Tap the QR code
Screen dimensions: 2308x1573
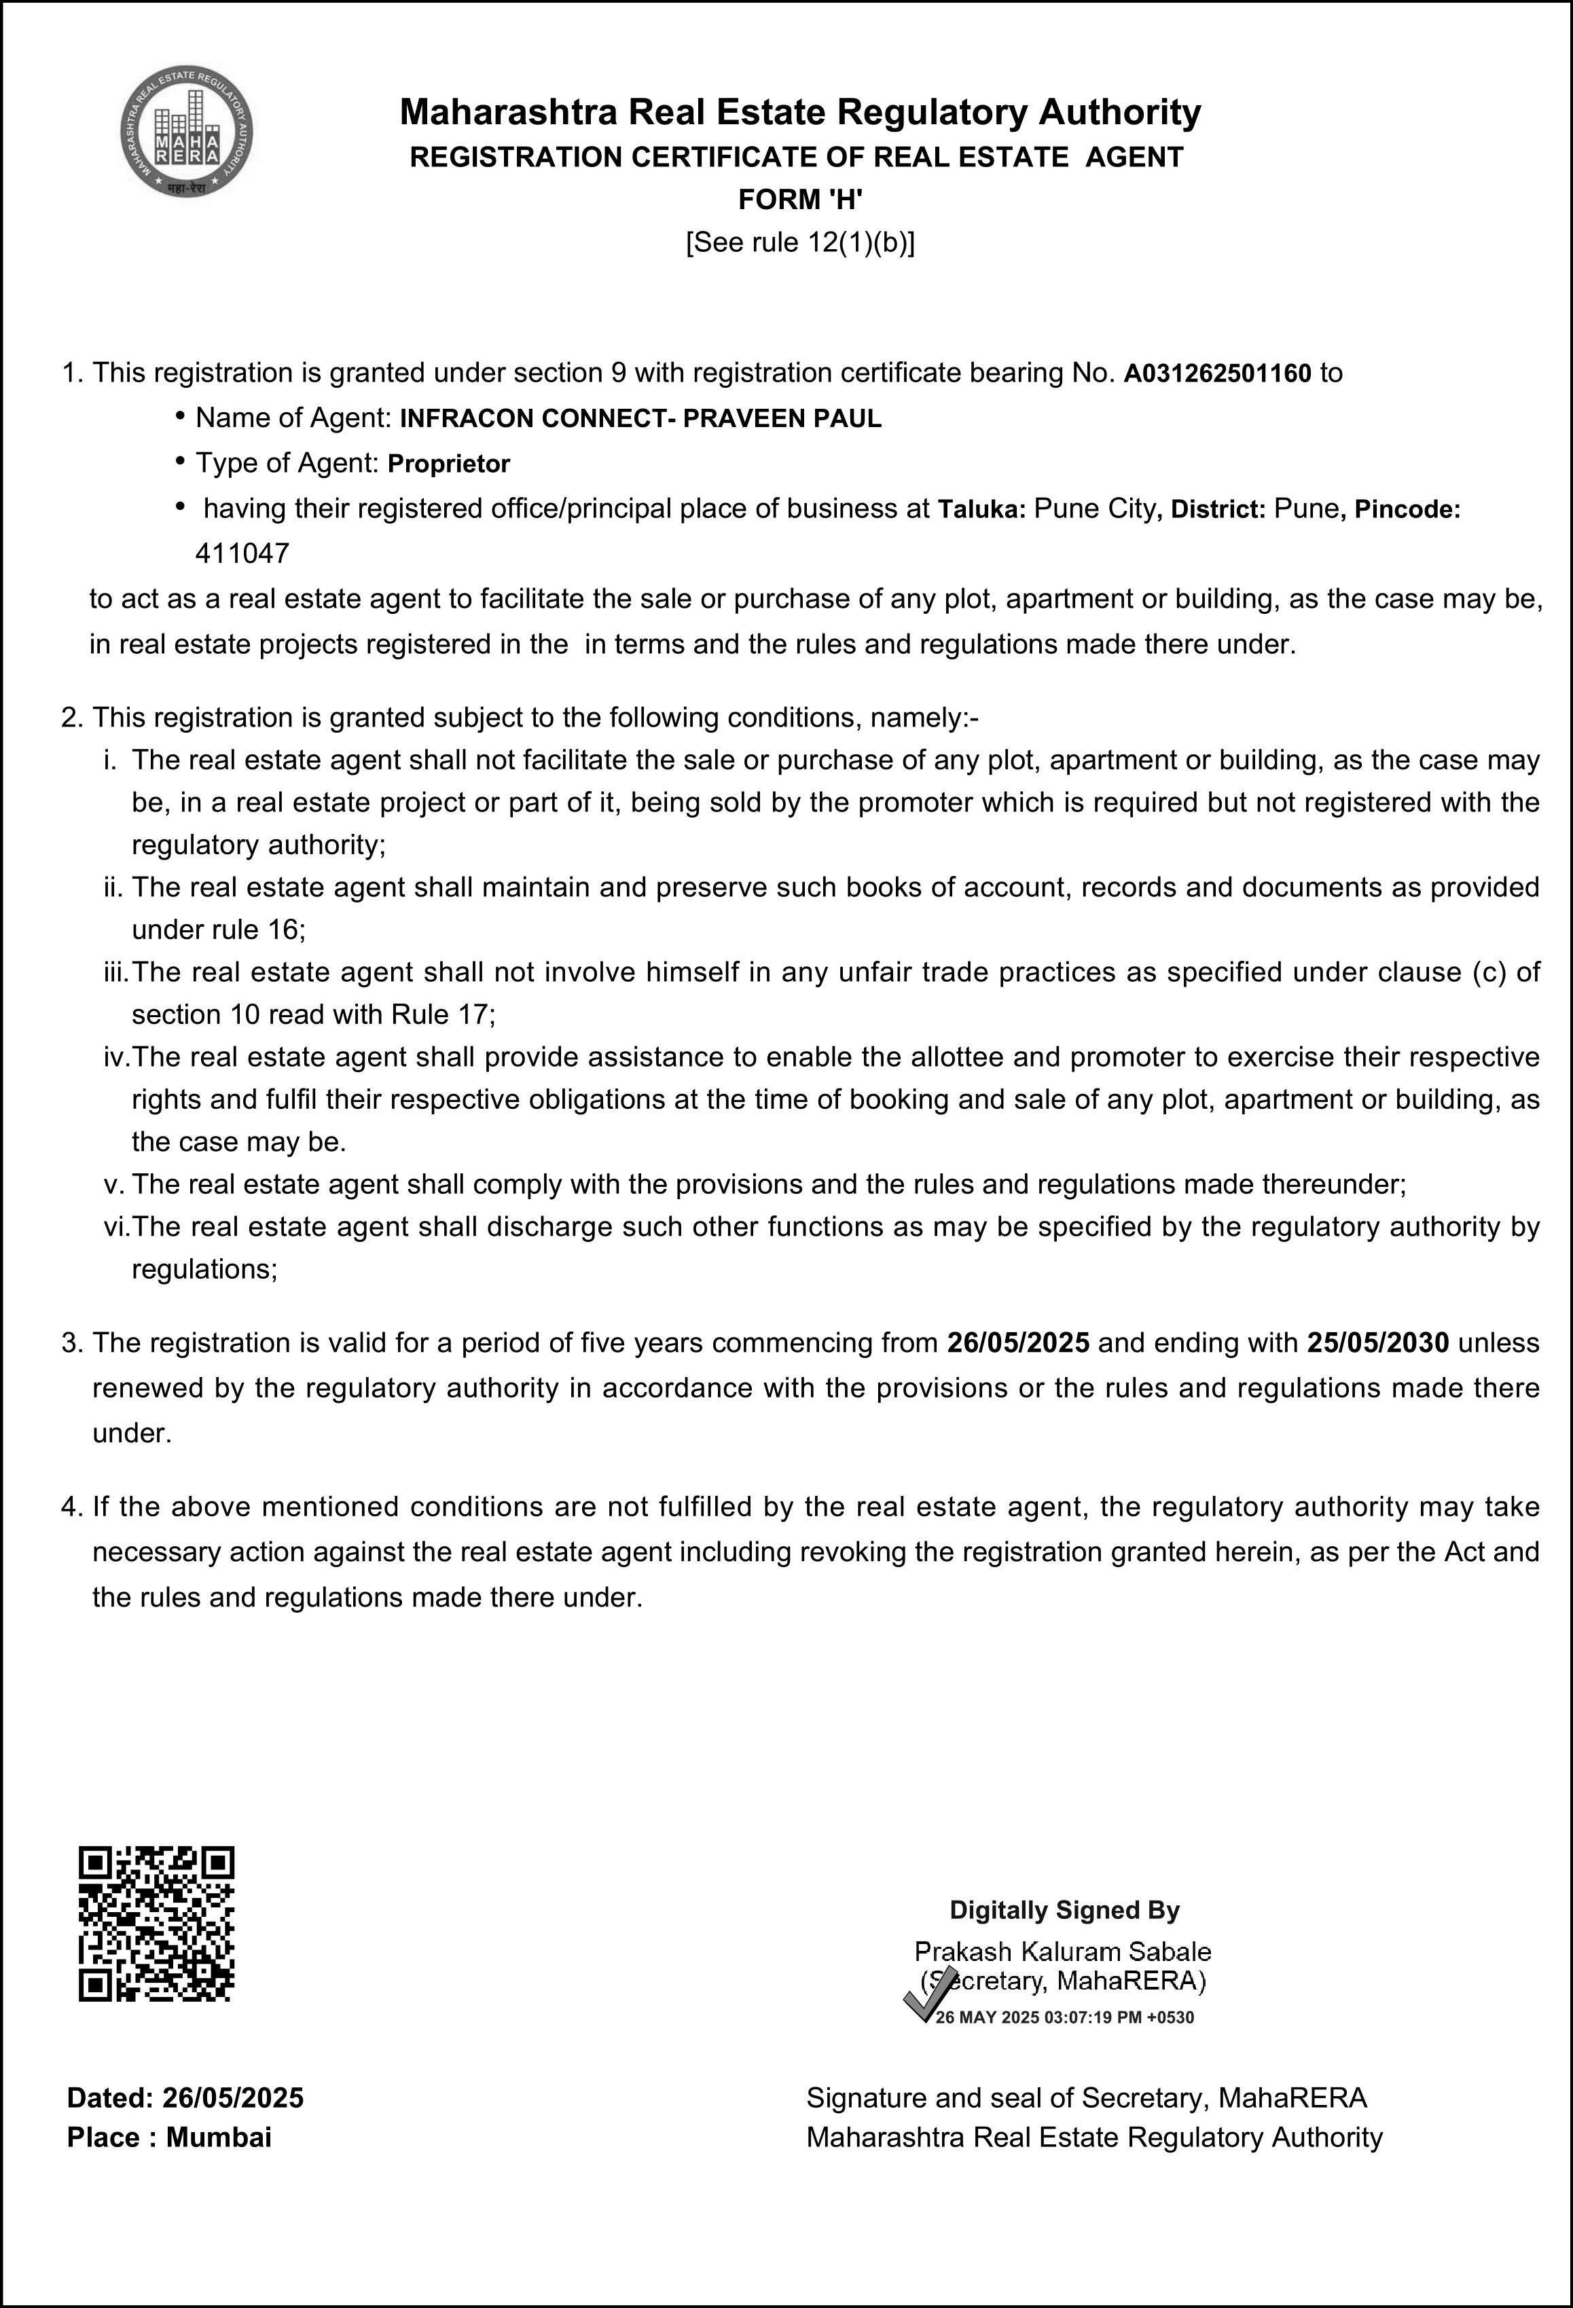156,1924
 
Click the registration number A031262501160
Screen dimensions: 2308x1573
1218,374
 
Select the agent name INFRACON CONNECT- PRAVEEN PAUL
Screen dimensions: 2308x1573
640,419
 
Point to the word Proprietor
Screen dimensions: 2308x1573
449,464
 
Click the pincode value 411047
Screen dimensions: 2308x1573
242,553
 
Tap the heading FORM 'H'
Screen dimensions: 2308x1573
799,200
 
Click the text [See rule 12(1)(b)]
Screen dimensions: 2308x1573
799,243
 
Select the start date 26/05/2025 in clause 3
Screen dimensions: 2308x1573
1018,1342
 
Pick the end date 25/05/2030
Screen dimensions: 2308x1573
1377,1342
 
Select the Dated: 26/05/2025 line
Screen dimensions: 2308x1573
185,2098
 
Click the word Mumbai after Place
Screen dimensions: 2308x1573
219,2137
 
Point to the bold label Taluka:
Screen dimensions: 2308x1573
981,509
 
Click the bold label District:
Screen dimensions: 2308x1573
1218,509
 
